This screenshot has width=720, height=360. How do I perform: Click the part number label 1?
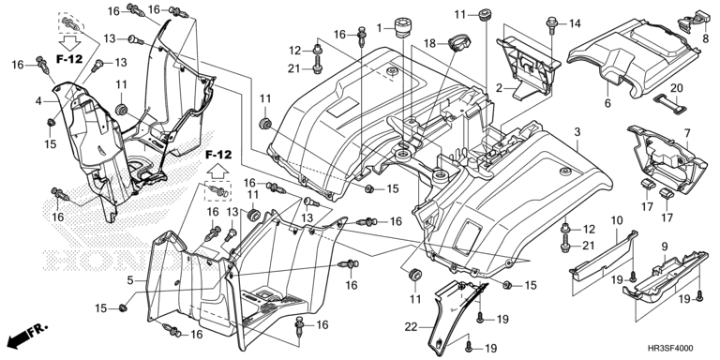tap(380, 28)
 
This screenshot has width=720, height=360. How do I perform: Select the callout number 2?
tap(499, 87)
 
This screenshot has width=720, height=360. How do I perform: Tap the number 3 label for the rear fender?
tap(577, 132)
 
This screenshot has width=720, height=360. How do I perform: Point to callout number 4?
tap(39, 99)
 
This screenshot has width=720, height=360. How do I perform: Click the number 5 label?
tap(130, 278)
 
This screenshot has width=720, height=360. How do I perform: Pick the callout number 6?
tap(607, 103)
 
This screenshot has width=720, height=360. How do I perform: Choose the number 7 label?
tap(687, 134)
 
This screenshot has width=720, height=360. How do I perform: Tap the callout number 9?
tap(665, 247)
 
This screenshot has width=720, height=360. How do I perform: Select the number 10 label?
tap(616, 220)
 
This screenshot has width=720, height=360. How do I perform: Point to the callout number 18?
tap(428, 44)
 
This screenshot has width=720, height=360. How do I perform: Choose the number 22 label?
tap(411, 327)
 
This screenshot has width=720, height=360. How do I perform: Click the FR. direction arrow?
tap(27, 335)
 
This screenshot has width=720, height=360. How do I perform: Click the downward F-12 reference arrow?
tap(69, 44)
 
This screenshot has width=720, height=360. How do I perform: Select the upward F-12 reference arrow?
tap(217, 172)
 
